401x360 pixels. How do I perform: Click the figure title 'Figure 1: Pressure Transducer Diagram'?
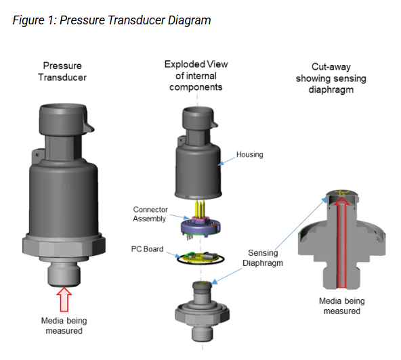point(112,20)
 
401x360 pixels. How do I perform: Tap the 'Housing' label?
point(249,155)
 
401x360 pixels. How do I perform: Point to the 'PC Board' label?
point(149,249)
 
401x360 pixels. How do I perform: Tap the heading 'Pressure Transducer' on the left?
point(64,72)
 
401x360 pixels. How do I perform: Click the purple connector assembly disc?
point(198,227)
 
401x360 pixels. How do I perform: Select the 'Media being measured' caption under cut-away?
point(340,306)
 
